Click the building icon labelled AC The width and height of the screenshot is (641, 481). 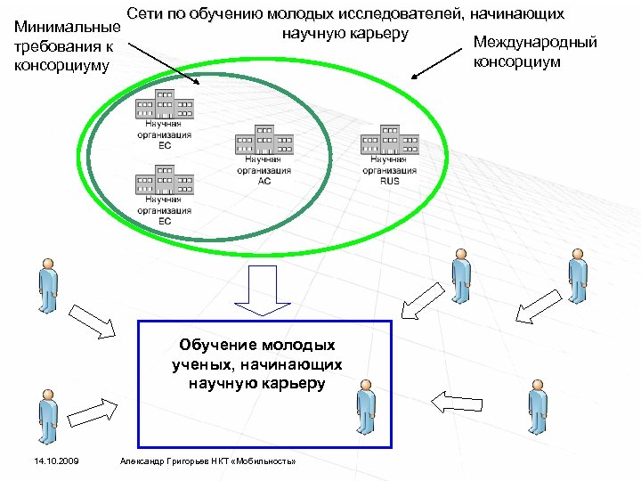[x=264, y=141]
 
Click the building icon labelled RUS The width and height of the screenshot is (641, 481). [x=389, y=141]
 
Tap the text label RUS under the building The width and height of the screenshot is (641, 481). [x=389, y=181]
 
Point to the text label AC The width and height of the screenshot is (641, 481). [x=264, y=181]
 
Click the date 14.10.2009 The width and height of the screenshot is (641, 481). [x=56, y=461]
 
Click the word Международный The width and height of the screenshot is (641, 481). [x=534, y=43]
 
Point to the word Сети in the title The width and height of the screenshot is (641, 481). [x=146, y=14]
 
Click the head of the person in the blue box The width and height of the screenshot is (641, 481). [x=365, y=385]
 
